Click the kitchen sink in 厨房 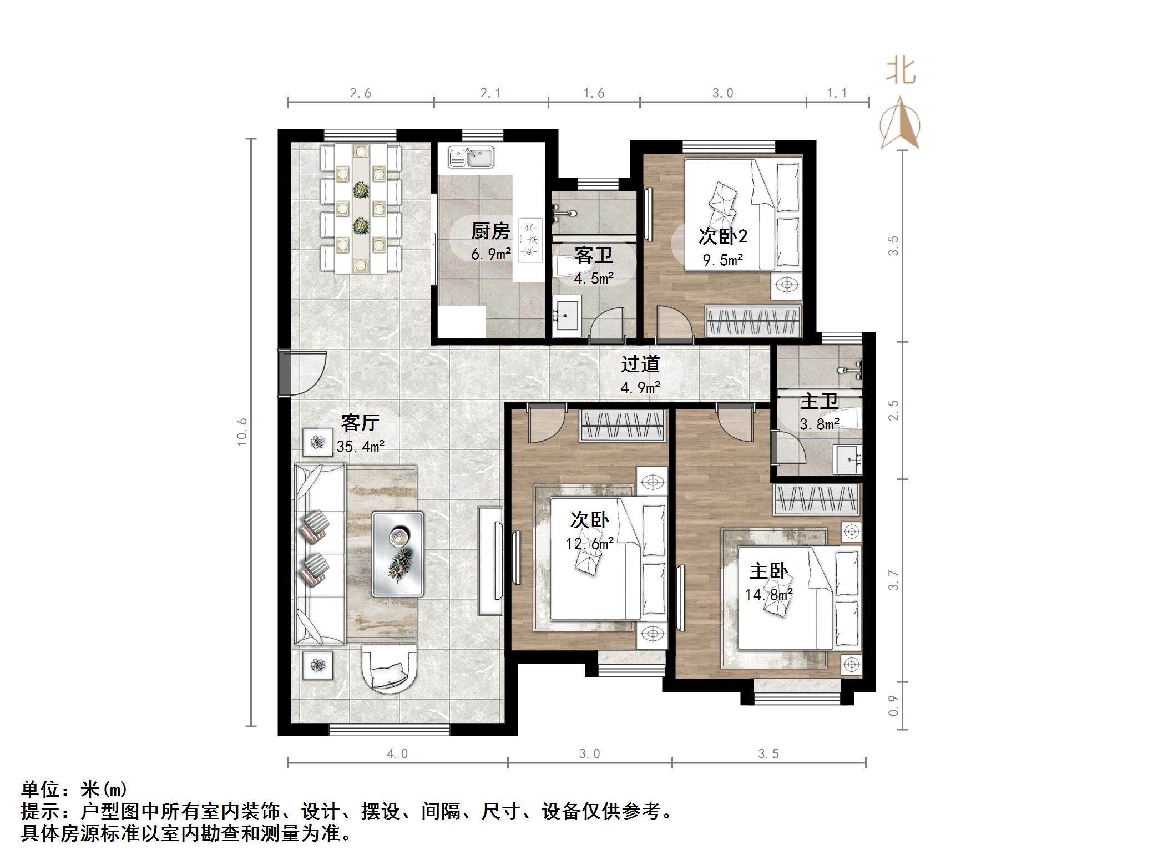(x=471, y=157)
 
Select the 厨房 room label (x=490, y=231)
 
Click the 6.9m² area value (x=490, y=255)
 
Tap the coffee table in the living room (x=397, y=554)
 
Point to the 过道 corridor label (x=640, y=364)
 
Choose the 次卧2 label (x=722, y=237)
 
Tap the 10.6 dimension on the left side (x=242, y=432)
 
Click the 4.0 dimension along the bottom (x=397, y=753)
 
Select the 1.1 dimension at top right (x=837, y=93)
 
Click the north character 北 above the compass (x=900, y=72)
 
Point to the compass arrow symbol (x=900, y=124)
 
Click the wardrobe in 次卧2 (x=753, y=321)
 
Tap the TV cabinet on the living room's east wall (x=491, y=560)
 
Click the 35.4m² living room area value (x=361, y=446)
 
